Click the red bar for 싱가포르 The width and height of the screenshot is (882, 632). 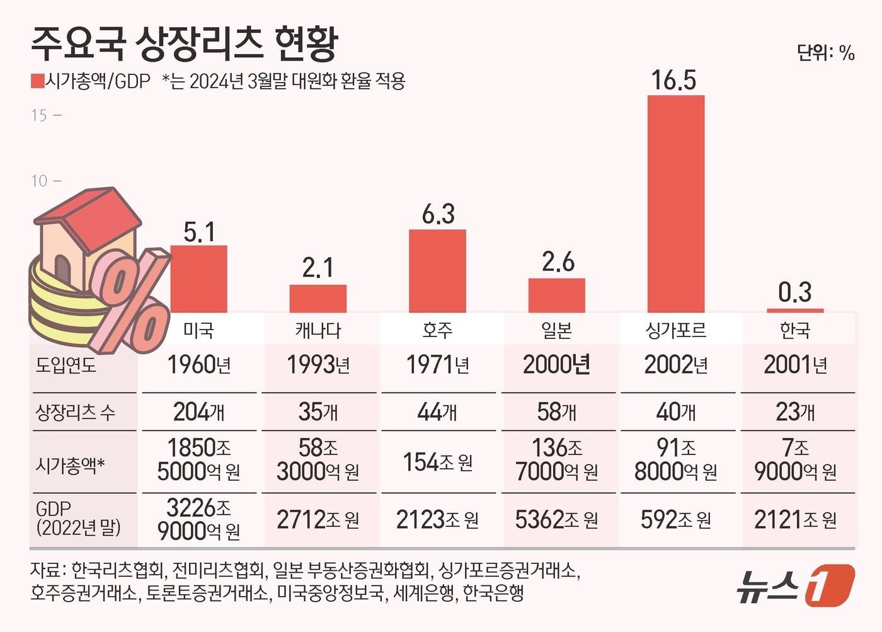(x=676, y=204)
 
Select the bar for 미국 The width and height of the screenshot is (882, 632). (x=198, y=279)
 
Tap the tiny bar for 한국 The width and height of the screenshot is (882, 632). (x=795, y=310)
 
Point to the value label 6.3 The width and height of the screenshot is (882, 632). (x=438, y=215)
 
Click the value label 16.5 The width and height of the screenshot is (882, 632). (x=673, y=81)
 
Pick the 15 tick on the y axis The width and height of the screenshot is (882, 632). (x=39, y=115)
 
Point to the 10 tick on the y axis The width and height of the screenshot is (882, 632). (x=39, y=181)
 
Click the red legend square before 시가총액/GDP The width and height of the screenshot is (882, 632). (x=37, y=81)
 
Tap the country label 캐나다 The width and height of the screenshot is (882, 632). (x=318, y=330)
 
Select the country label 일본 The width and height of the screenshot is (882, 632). (x=556, y=330)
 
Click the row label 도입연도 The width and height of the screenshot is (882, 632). (x=66, y=365)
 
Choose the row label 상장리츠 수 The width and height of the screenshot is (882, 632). (x=75, y=413)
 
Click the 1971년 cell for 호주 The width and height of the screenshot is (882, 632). (x=437, y=365)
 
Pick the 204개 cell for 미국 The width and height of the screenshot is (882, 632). (x=198, y=413)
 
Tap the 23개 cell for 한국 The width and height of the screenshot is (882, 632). (x=795, y=413)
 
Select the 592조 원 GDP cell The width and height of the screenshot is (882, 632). (x=675, y=520)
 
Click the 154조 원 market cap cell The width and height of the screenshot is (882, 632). (x=437, y=463)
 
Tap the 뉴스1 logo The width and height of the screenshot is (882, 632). (x=795, y=585)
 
